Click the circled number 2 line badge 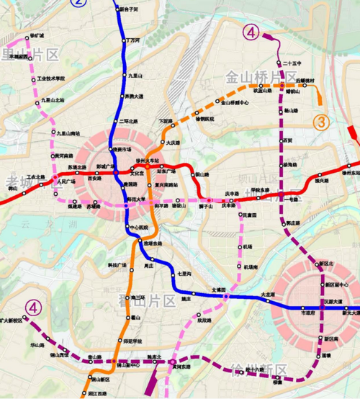[78, 2]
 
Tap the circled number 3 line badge [322, 122]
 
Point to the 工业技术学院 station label [50, 78]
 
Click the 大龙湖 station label [266, 295]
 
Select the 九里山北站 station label [53, 100]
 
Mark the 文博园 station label [218, 290]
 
